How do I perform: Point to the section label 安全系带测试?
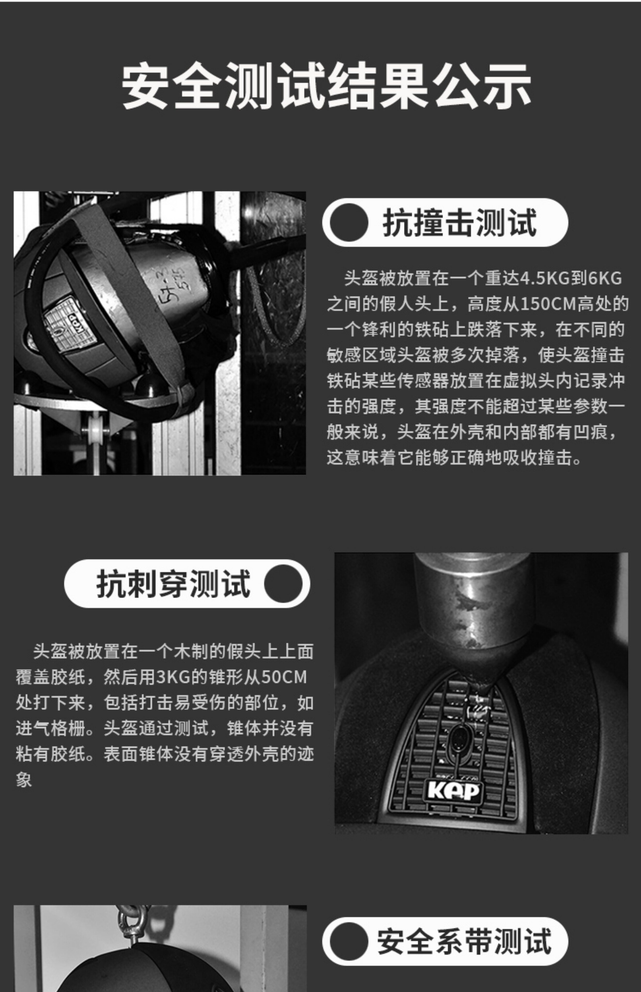coord(464,941)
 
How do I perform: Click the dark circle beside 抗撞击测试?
coord(349,222)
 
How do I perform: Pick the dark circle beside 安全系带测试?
coord(349,941)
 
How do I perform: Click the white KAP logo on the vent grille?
coord(454,791)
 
